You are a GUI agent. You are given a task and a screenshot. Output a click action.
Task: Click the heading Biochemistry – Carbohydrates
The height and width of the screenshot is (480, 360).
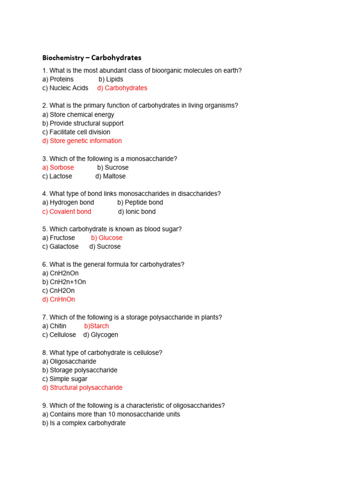(91, 58)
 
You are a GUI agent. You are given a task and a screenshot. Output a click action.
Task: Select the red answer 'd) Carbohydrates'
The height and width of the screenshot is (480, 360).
(122, 88)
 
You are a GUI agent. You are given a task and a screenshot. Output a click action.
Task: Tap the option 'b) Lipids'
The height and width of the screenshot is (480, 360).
(111, 79)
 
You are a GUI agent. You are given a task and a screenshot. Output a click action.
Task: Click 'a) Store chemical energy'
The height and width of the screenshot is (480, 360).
(78, 114)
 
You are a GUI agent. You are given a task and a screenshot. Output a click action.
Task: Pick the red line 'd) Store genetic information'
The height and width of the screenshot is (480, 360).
(82, 141)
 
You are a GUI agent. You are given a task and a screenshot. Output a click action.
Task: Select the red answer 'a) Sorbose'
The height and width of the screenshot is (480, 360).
(58, 167)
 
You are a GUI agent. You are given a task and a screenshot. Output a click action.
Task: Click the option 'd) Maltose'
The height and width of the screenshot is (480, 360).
(111, 176)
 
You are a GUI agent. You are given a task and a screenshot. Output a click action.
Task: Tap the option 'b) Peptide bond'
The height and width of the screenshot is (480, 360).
(140, 202)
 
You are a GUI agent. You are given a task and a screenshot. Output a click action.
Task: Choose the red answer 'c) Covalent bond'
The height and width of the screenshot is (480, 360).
(67, 211)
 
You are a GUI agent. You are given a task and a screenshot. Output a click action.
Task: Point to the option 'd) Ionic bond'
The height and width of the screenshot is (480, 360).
(137, 211)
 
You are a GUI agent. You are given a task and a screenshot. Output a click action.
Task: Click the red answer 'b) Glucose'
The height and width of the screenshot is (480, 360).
(107, 238)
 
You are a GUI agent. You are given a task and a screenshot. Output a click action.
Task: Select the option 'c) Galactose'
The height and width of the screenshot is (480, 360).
(60, 247)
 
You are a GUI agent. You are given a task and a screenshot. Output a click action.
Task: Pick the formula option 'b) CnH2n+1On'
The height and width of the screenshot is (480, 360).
(64, 282)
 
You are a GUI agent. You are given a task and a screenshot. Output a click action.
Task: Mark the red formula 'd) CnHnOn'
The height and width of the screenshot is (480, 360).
(59, 300)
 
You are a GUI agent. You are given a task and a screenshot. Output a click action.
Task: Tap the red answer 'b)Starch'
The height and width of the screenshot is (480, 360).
(97, 326)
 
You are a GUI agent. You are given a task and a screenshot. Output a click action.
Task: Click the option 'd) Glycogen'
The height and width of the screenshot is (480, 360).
(101, 335)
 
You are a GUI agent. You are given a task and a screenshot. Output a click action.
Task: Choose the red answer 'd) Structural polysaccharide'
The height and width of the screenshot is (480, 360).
(82, 388)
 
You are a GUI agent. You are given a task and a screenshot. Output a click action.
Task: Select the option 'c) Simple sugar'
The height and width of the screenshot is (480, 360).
(65, 379)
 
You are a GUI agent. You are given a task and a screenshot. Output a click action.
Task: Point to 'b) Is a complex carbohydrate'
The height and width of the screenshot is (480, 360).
(84, 423)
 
